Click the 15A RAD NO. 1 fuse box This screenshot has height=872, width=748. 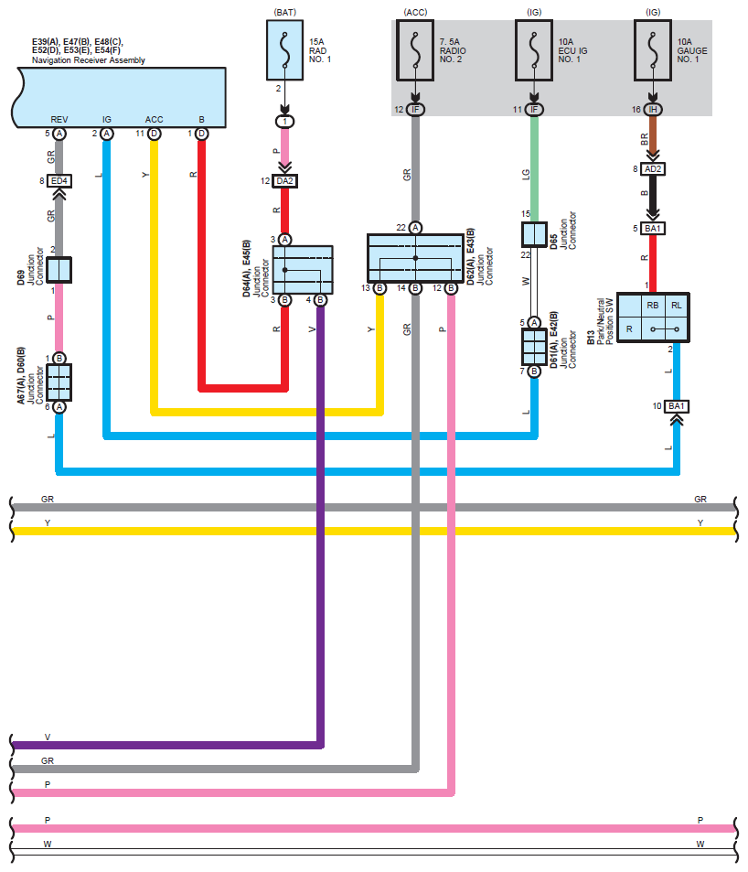[x=284, y=50]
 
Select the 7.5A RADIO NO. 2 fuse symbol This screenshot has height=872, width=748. [x=415, y=50]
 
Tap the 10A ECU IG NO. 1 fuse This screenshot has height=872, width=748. [x=534, y=50]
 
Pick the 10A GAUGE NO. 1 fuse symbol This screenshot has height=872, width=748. [x=653, y=50]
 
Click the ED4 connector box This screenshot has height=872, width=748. [x=59, y=181]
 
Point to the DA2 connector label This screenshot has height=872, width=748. [x=284, y=181]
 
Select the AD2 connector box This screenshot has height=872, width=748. [x=653, y=169]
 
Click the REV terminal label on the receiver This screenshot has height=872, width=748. [x=59, y=120]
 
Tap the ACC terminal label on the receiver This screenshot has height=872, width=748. [x=154, y=120]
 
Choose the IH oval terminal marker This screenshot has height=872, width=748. [x=653, y=110]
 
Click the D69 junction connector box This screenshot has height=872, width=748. [x=59, y=270]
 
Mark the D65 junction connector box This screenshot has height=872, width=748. [x=534, y=234]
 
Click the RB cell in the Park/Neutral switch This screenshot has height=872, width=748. [x=653, y=306]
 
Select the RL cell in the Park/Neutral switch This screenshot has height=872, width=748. [x=677, y=306]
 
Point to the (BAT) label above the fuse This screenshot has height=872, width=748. [x=284, y=12]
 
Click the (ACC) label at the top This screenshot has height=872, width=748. [x=415, y=12]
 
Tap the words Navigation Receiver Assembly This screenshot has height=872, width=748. [x=89, y=60]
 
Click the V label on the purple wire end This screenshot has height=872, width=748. [x=48, y=737]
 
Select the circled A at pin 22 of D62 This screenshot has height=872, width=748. [x=415, y=228]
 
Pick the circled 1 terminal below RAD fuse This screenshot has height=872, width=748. [x=284, y=121]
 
